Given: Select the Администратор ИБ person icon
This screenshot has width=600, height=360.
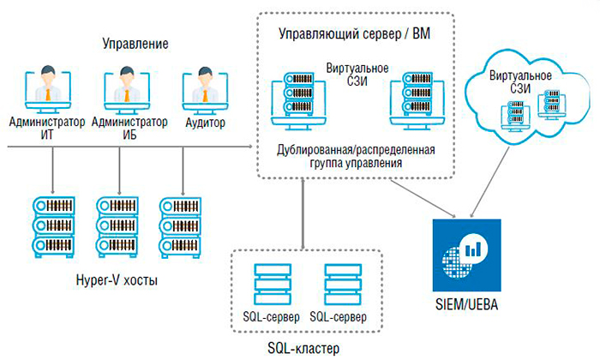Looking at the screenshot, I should (128, 89).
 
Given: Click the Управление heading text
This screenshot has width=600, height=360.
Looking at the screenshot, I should (135, 43).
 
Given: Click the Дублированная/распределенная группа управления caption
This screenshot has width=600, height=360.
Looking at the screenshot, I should (355, 156).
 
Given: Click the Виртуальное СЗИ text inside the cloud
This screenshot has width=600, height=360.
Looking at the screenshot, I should (520, 82).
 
